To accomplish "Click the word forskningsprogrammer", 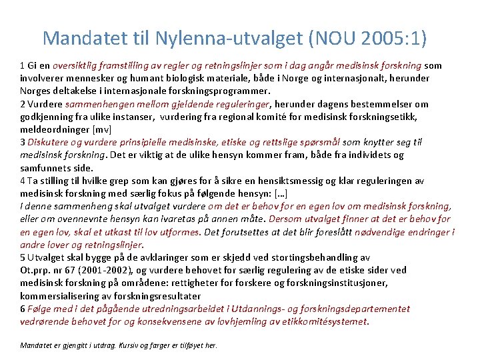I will [219, 91].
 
